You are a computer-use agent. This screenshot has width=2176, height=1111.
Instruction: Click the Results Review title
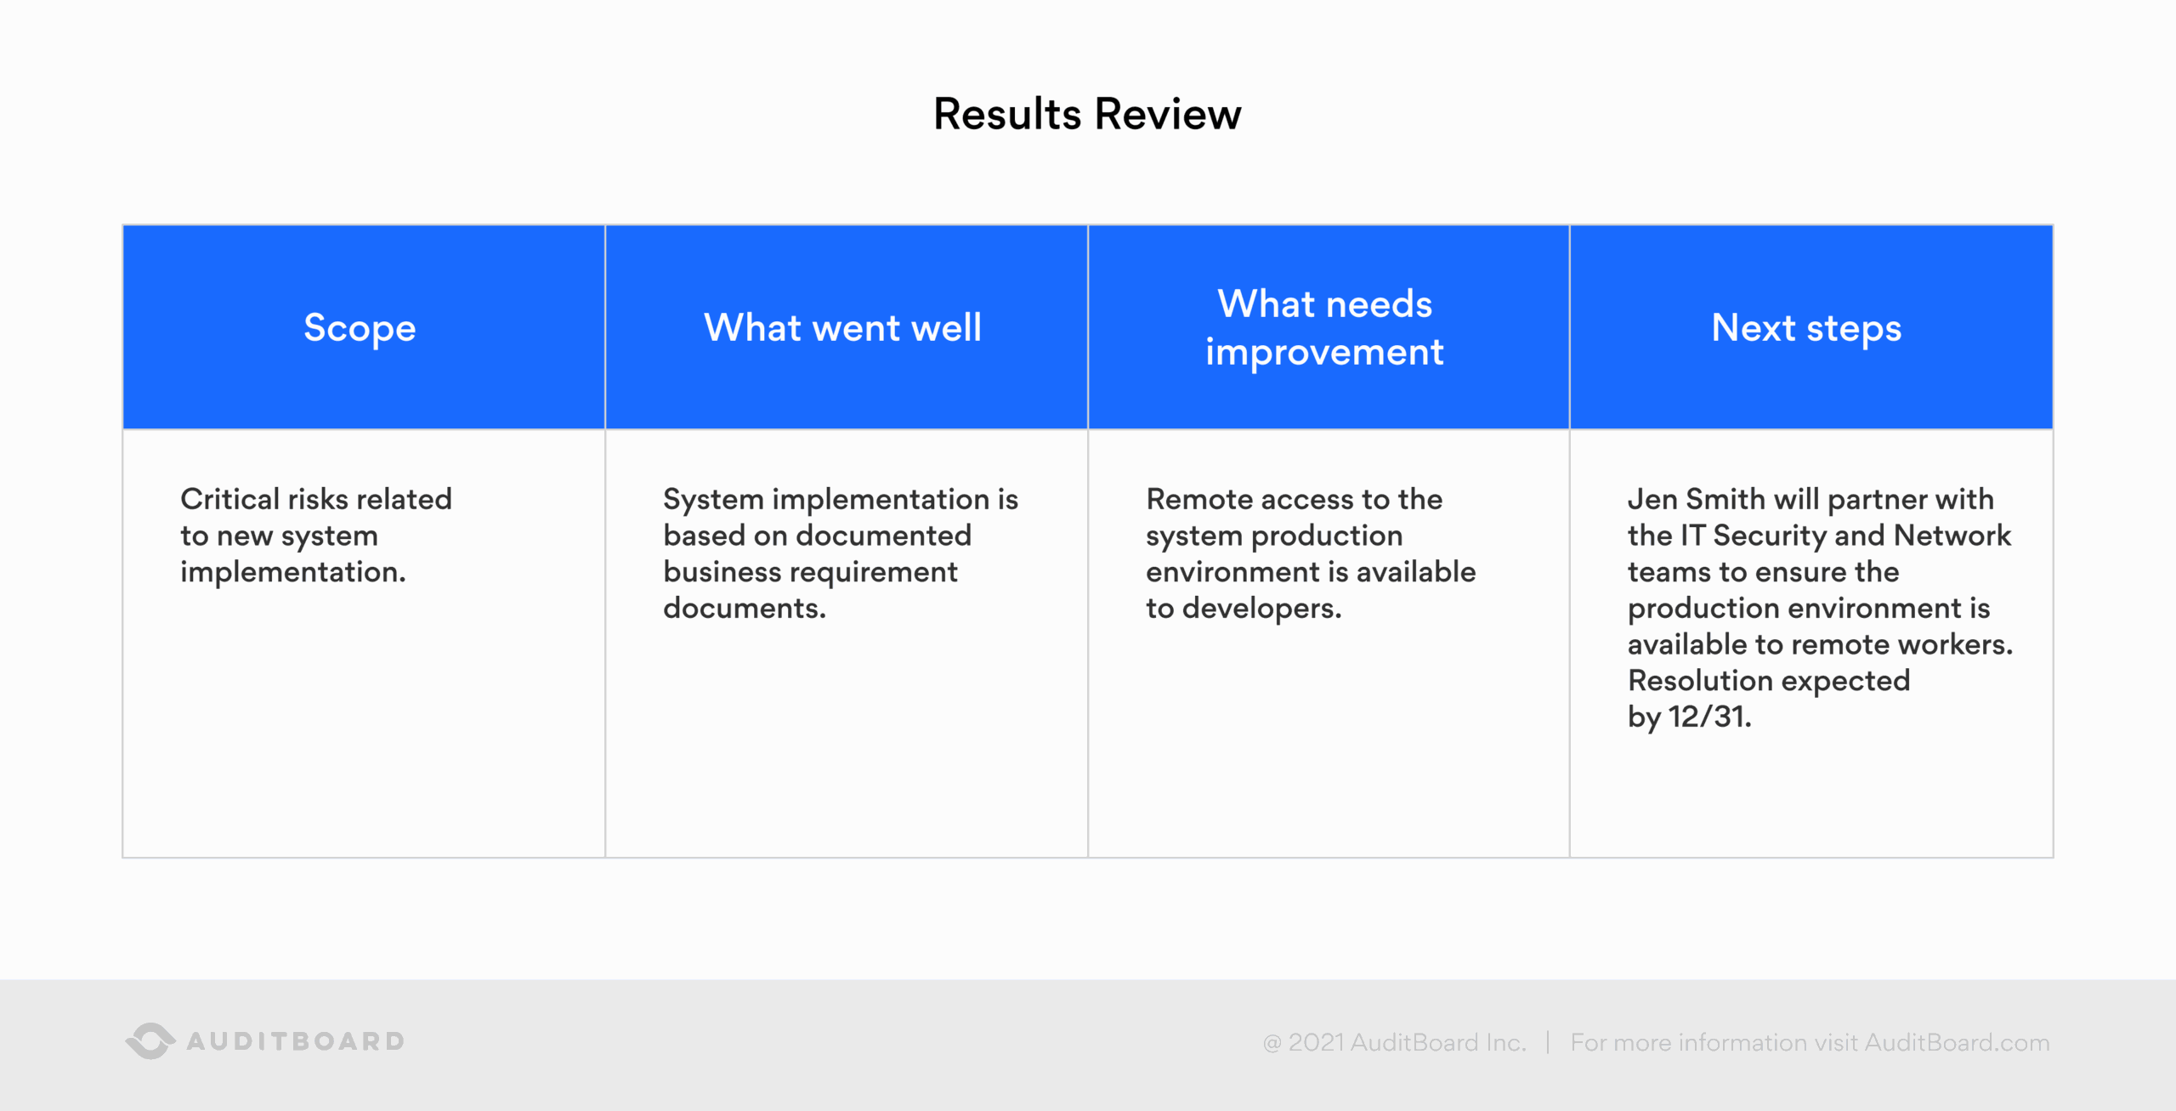pos(1087,114)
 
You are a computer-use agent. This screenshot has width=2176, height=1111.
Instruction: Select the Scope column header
pos(360,328)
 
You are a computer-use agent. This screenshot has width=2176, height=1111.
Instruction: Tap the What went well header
pos(842,328)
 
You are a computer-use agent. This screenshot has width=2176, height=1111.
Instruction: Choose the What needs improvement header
pos(1324,328)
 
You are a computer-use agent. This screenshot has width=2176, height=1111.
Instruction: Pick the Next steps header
pos(1806,328)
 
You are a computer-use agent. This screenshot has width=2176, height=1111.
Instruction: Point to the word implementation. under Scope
pos(293,572)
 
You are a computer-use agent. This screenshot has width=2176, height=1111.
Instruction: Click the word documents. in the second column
pos(744,609)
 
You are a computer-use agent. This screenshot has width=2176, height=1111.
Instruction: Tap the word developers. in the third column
pos(1261,609)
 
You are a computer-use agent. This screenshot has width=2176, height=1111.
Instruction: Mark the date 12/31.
pos(1709,717)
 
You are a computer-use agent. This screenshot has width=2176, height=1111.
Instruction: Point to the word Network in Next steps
pos(1952,536)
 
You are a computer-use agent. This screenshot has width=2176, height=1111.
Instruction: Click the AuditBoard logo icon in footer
pos(150,1040)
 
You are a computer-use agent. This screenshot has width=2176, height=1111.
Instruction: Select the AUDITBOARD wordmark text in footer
pos(296,1041)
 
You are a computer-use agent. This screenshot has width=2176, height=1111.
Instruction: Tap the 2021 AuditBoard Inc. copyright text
pos(1407,1042)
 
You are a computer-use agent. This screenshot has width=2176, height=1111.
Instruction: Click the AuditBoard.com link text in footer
pos(1957,1042)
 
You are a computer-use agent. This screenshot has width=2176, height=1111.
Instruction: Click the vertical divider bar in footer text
pos(1548,1042)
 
